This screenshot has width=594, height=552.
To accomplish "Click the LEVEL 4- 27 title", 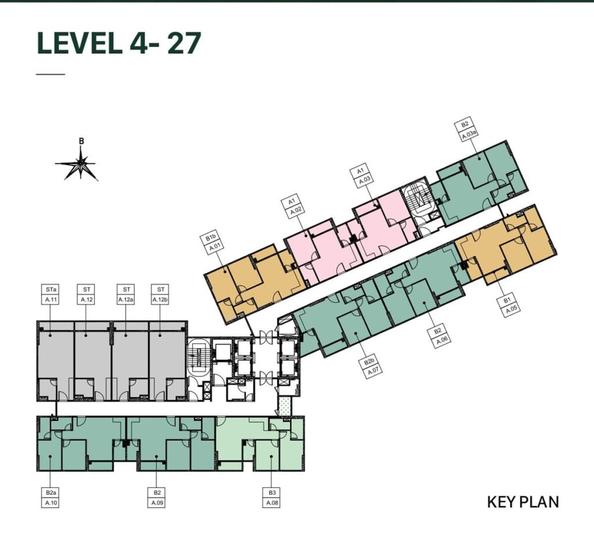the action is coord(118,43).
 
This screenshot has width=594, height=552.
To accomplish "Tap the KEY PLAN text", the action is coord(523,502).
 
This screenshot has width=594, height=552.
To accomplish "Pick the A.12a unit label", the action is coord(126,300).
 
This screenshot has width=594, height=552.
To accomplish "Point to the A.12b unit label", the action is coord(161,300).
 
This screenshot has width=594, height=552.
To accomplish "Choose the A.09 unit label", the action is coord(157,503).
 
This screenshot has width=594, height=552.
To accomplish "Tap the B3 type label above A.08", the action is coord(271,492).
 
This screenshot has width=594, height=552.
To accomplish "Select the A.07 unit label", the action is coord(374,371).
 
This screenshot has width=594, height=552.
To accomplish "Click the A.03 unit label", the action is coord(364,180).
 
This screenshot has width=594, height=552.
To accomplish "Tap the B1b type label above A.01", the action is coord(210,239).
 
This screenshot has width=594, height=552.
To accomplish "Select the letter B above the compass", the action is coord(81,141).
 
